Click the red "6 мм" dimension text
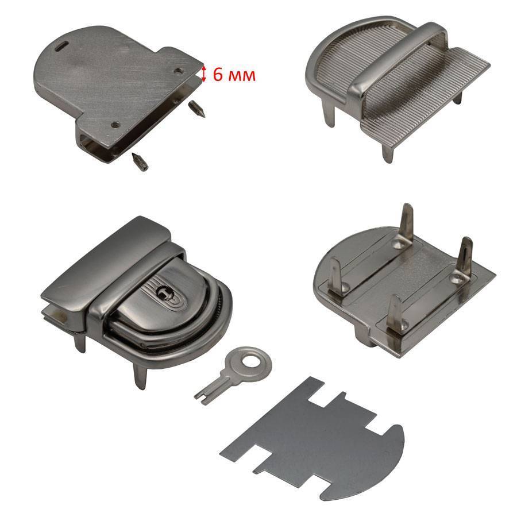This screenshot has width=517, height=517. point(234,75)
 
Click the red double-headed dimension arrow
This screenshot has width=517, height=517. point(204,74)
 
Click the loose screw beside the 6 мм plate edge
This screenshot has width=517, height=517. point(197,110)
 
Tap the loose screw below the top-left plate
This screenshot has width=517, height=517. point(140,162)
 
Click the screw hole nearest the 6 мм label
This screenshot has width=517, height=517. point(179,71)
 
